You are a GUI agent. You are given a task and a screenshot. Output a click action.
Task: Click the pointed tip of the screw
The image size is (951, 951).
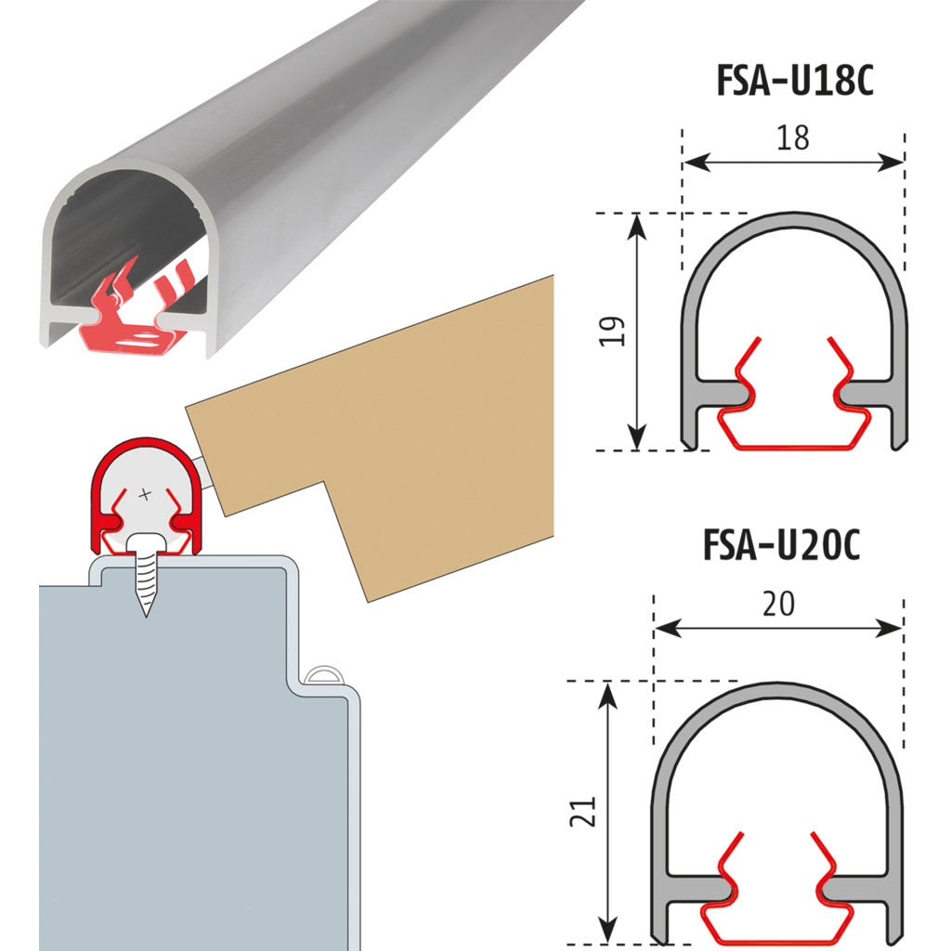point(146,617)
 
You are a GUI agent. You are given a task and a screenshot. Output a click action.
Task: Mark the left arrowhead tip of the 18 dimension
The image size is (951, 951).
point(684,163)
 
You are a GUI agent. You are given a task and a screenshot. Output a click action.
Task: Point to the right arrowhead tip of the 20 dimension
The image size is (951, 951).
point(903,629)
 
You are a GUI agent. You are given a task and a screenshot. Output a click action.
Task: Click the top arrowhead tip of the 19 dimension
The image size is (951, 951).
point(636,215)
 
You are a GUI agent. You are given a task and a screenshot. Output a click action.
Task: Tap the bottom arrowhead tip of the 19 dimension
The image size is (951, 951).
point(636,450)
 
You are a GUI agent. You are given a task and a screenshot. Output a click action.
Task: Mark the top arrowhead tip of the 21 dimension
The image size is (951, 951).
point(607,682)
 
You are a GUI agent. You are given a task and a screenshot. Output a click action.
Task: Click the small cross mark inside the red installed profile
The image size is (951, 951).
point(144,494)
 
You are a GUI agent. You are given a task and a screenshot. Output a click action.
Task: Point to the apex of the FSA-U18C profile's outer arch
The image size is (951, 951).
point(794,213)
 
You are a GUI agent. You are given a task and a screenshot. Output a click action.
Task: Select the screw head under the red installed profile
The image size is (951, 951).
point(146,542)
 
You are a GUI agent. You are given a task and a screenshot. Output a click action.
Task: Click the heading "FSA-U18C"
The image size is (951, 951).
point(795,80)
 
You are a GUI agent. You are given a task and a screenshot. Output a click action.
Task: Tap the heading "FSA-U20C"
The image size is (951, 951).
point(781,544)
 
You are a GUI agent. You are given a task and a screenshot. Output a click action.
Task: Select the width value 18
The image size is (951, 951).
point(793,137)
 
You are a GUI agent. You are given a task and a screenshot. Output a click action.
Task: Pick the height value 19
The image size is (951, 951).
point(612,332)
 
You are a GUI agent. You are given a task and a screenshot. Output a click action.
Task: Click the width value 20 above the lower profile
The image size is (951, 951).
point(779,604)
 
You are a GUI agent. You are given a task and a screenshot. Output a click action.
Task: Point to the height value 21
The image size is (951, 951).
point(583,812)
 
